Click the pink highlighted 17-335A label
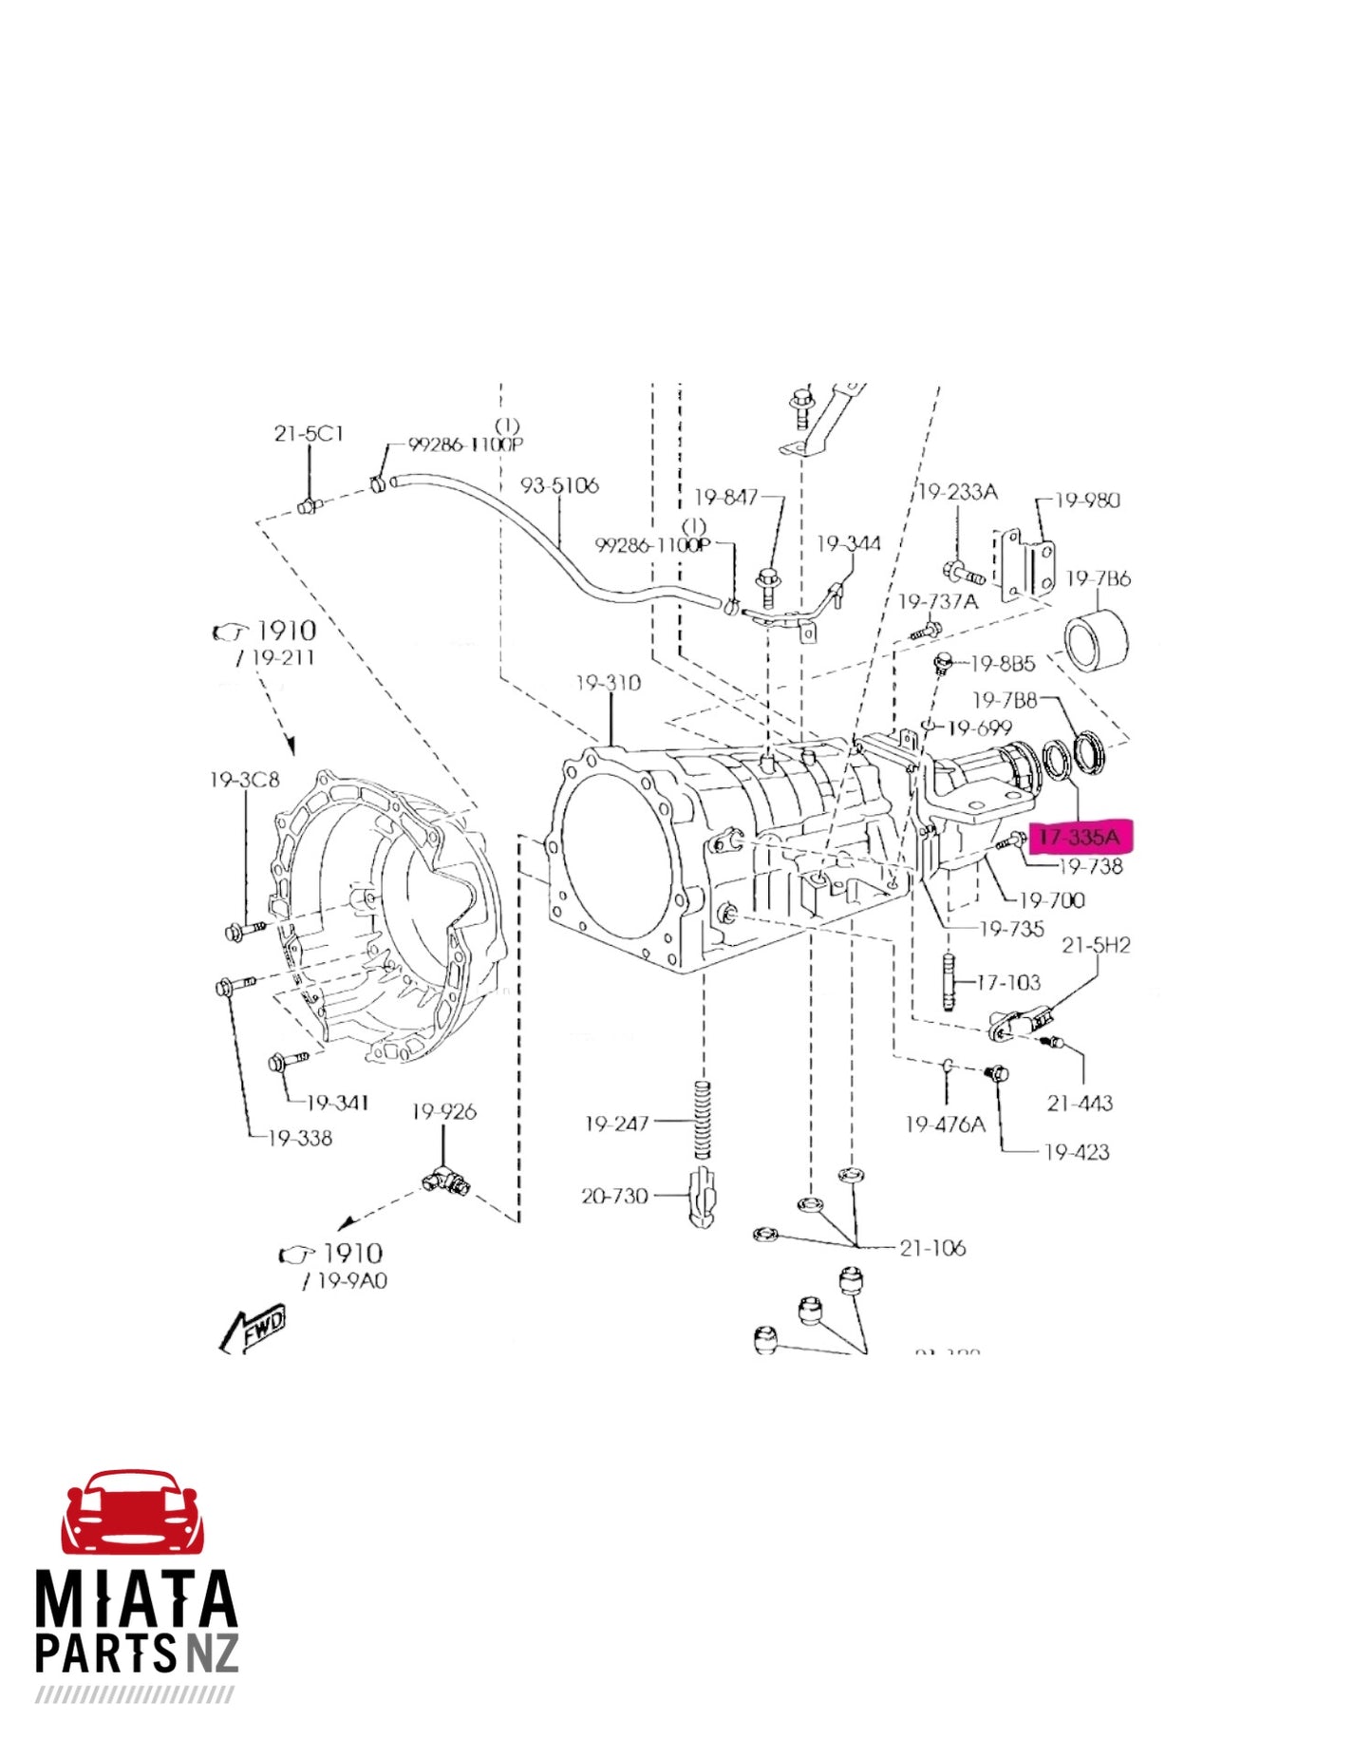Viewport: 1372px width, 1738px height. (1080, 837)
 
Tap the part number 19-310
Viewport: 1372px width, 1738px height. (608, 683)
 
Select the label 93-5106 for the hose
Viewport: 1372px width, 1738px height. (559, 485)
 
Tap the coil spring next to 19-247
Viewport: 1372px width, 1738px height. (703, 1121)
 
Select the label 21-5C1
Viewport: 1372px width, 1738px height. (309, 434)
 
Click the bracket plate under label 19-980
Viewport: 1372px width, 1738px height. (1025, 566)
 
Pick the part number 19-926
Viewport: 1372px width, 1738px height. (443, 1111)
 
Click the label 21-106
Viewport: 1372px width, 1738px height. (932, 1248)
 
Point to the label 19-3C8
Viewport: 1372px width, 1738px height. (245, 780)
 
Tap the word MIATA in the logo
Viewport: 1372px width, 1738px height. (136, 1600)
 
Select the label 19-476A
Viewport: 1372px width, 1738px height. (945, 1124)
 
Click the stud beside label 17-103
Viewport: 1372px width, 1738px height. (949, 984)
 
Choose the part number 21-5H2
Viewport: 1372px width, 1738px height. (1096, 945)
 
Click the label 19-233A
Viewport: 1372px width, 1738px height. (958, 492)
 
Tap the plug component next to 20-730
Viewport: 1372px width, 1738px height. (702, 1199)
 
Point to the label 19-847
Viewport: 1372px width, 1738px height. (726, 497)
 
